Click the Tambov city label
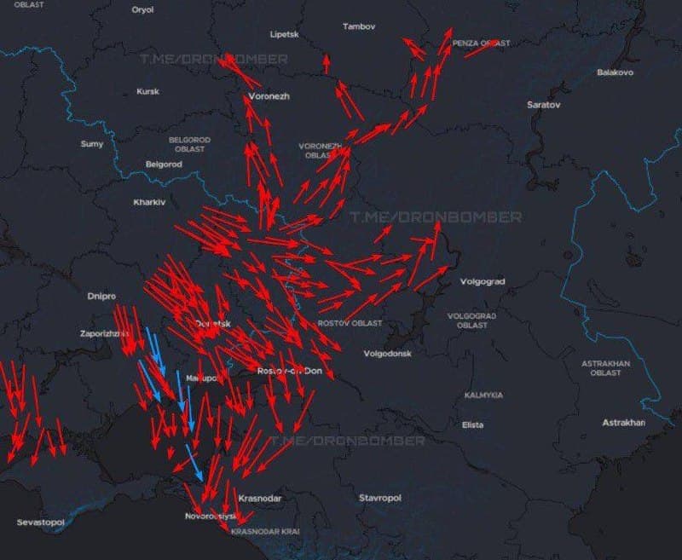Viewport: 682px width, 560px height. click(358, 26)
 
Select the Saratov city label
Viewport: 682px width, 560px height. click(544, 104)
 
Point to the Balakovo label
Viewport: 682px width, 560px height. click(615, 72)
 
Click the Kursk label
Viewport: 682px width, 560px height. click(147, 91)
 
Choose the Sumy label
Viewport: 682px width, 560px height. click(91, 144)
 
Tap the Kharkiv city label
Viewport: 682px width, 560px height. click(149, 202)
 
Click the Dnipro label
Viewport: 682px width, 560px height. click(101, 297)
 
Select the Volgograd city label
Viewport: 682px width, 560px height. click(483, 281)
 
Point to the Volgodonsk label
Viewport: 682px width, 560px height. click(387, 353)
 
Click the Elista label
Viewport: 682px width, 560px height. click(472, 424)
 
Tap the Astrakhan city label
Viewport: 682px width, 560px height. click(623, 423)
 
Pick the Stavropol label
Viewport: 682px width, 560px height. click(379, 497)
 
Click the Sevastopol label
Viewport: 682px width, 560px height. click(40, 521)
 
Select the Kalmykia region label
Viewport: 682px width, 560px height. click(483, 395)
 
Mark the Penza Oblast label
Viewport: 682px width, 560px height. click(482, 43)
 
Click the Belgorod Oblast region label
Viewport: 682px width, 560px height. click(189, 144)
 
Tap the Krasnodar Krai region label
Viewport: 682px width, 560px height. click(265, 531)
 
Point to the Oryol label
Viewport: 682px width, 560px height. click(142, 9)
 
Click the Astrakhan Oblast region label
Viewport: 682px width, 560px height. click(605, 368)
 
